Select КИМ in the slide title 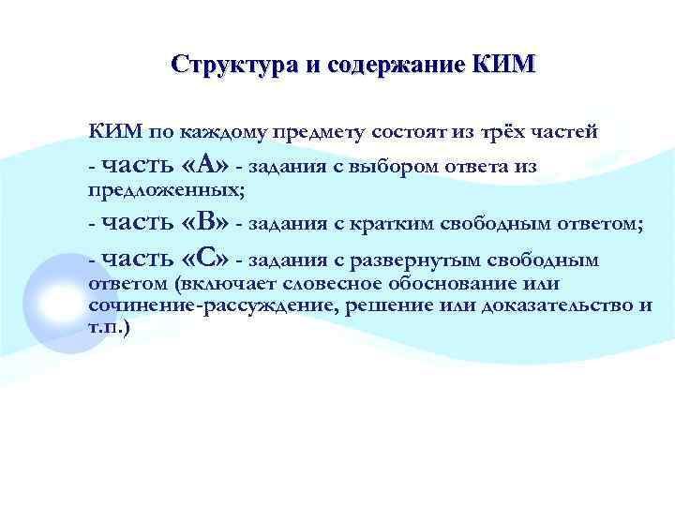(505, 66)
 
